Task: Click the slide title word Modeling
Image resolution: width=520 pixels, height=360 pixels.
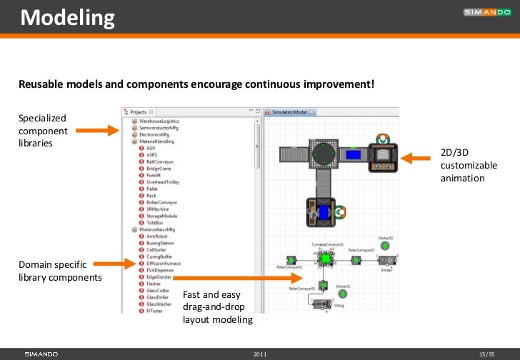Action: (x=67, y=17)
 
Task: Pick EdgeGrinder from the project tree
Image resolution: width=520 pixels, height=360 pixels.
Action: (x=160, y=276)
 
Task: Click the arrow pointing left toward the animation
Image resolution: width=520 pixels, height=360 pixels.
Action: (x=416, y=155)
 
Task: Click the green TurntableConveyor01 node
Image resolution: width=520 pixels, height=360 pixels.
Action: (x=326, y=258)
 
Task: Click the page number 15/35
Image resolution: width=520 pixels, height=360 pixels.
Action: (x=487, y=354)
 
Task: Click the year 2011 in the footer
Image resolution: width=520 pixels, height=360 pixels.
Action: (x=260, y=354)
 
